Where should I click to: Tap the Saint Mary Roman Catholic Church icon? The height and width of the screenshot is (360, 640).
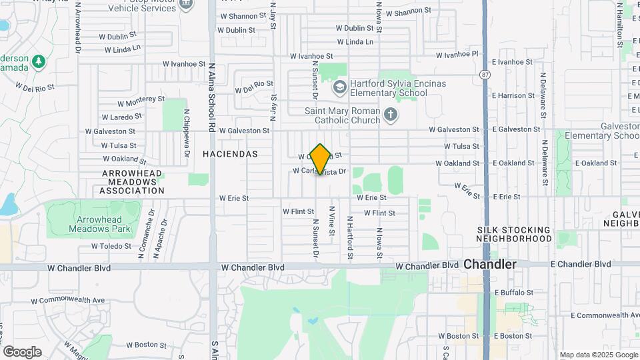pyautogui.click(x=391, y=116)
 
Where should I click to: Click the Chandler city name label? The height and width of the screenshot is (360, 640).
pyautogui.click(x=490, y=265)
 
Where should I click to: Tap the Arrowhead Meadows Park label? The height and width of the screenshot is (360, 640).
pyautogui.click(x=94, y=223)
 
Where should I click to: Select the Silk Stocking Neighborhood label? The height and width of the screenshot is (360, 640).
pyautogui.click(x=514, y=233)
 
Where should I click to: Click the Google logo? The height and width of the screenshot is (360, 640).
pyautogui.click(x=22, y=352)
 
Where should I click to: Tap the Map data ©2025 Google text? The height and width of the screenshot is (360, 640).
pyautogui.click(x=598, y=355)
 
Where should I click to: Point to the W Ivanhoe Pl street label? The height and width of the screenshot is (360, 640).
pyautogui.click(x=457, y=55)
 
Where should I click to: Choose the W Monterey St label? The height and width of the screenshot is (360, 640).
pyautogui.click(x=141, y=100)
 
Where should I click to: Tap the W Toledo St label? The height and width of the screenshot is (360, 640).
pyautogui.click(x=112, y=246)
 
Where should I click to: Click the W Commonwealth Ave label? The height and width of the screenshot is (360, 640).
pyautogui.click(x=67, y=300)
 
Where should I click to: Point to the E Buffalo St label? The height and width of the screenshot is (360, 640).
pyautogui.click(x=513, y=293)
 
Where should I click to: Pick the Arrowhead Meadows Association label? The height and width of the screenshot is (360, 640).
pyautogui.click(x=133, y=181)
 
